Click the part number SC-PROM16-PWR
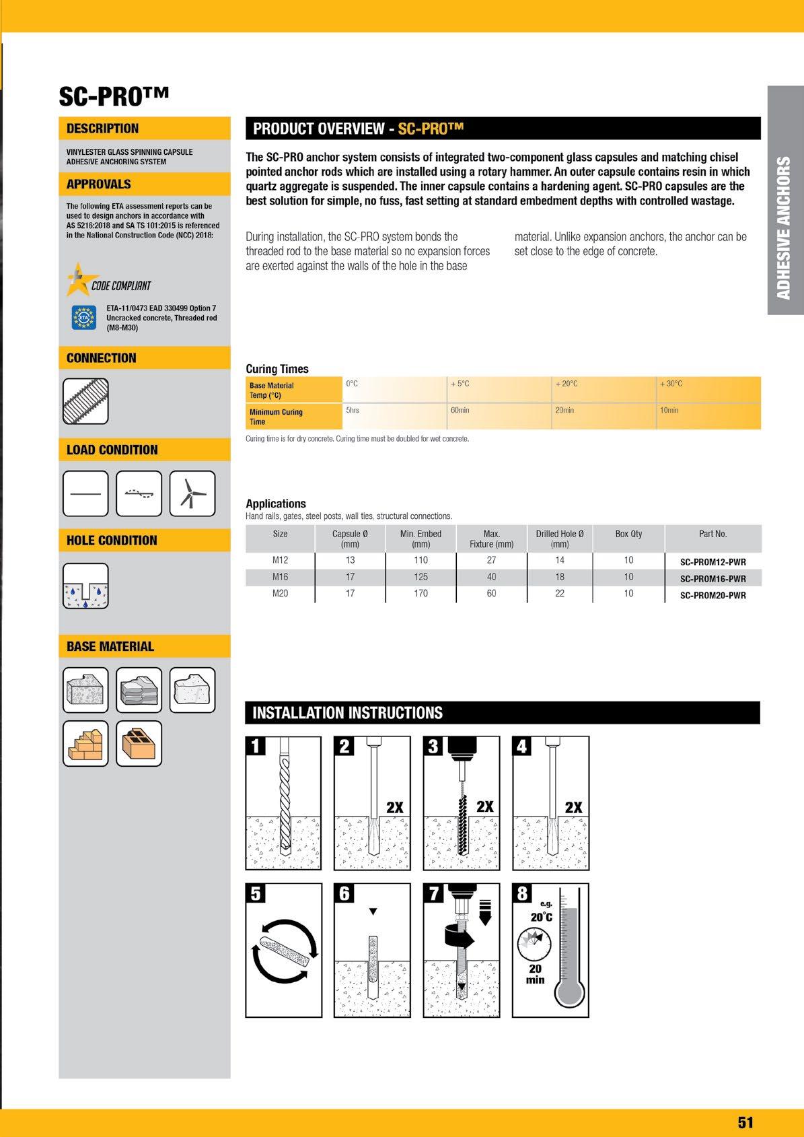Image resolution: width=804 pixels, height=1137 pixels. pyautogui.click(x=712, y=579)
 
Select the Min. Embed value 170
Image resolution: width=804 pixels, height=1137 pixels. pyautogui.click(x=421, y=593)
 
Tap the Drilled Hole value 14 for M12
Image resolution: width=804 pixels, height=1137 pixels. pyautogui.click(x=560, y=560)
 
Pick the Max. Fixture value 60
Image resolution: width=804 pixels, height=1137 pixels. pyautogui.click(x=491, y=593)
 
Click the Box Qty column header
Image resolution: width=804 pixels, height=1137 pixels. pyautogui.click(x=628, y=533)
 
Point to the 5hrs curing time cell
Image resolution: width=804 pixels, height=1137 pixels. pyautogui.click(x=353, y=410)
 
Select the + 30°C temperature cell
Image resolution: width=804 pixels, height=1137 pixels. pyautogui.click(x=671, y=384)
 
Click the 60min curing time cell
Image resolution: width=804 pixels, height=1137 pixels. pyautogui.click(x=460, y=410)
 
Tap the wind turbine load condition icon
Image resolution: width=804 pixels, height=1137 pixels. pyautogui.click(x=192, y=493)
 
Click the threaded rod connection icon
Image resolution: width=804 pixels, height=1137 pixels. pyautogui.click(x=85, y=401)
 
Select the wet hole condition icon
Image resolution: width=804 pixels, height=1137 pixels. pyautogui.click(x=85, y=586)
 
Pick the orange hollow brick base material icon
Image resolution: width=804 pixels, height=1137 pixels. pyautogui.click(x=139, y=743)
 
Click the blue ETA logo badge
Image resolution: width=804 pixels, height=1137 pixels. pyautogui.click(x=83, y=317)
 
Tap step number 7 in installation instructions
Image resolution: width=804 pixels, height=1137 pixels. pyautogui.click(x=434, y=893)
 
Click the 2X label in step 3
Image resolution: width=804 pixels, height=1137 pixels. pyautogui.click(x=484, y=806)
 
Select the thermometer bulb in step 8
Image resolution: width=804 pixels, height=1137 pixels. pyautogui.click(x=570, y=992)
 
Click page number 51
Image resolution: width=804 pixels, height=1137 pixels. pyautogui.click(x=745, y=1122)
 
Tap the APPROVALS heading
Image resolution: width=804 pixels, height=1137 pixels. pyautogui.click(x=98, y=184)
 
